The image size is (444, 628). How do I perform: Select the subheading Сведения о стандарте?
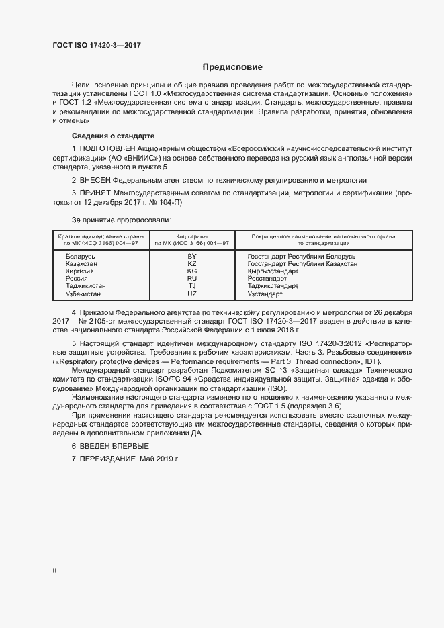click(113, 135)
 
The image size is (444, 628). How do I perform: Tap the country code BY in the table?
click(192, 257)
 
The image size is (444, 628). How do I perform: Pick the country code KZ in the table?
click(192, 264)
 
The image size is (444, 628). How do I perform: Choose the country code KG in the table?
click(192, 271)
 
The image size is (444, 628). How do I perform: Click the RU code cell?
click(192, 279)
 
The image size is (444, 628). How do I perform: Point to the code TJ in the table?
click(192, 286)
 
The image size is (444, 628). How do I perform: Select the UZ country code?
click(192, 294)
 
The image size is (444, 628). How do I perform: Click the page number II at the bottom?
click(55, 571)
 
